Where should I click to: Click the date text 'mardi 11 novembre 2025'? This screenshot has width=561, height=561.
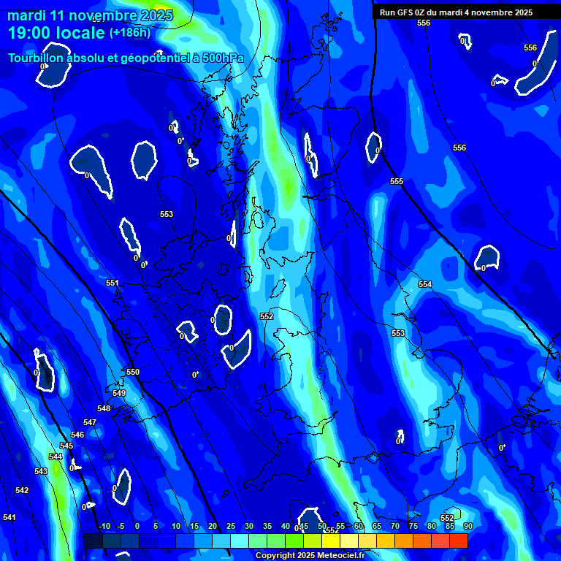(x=90, y=15)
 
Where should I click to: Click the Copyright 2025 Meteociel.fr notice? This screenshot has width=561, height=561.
(x=310, y=556)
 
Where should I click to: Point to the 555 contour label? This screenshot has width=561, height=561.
(x=397, y=181)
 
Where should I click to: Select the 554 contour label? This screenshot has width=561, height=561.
(x=425, y=284)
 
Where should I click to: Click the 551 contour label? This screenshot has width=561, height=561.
(x=112, y=283)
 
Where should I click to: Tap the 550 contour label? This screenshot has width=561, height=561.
(x=133, y=372)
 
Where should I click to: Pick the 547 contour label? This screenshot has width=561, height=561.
(x=90, y=422)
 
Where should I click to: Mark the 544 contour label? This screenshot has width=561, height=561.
(x=56, y=457)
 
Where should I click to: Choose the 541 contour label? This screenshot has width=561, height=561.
(x=9, y=517)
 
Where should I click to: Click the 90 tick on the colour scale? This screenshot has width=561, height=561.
(x=467, y=526)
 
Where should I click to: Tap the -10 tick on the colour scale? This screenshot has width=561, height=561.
(x=104, y=526)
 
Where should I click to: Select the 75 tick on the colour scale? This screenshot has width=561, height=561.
(x=413, y=526)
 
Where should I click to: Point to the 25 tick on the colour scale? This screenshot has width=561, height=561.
(x=231, y=526)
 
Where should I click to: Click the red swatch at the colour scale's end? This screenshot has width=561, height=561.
(x=458, y=541)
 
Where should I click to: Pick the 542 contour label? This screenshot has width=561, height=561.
(x=22, y=490)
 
